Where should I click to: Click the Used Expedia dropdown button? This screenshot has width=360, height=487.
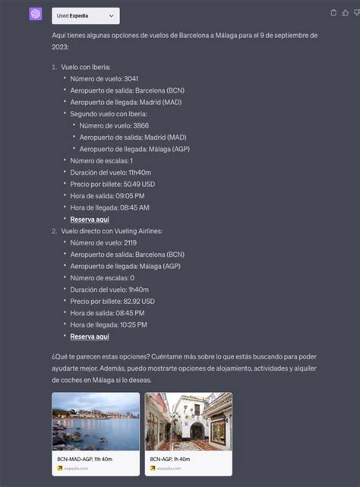pyautogui.click(x=86, y=15)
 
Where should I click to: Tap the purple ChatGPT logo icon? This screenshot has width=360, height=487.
pyautogui.click(x=35, y=14)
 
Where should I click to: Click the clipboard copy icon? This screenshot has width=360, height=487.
pyautogui.click(x=334, y=13)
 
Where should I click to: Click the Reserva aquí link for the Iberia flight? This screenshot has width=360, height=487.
pyautogui.click(x=90, y=219)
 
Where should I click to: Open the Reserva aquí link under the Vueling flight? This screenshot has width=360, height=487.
pyautogui.click(x=90, y=336)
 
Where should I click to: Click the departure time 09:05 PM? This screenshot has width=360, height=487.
pyautogui.click(x=128, y=195)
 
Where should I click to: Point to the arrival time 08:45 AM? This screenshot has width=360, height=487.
pyautogui.click(x=132, y=207)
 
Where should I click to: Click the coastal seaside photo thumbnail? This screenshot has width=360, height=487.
pyautogui.click(x=96, y=422)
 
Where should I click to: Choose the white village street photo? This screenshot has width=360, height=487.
pyautogui.click(x=188, y=422)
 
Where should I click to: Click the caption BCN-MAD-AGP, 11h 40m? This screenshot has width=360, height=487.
pyautogui.click(x=84, y=459)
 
